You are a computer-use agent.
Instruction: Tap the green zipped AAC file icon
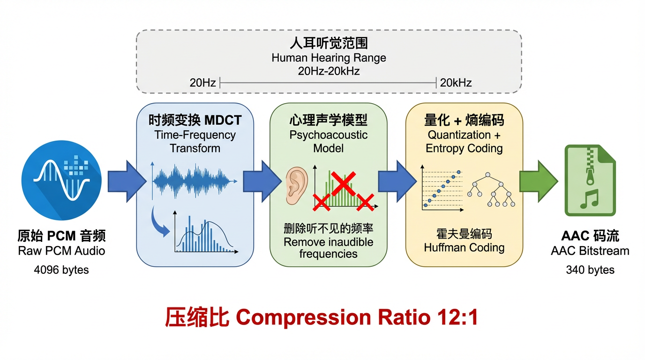click(x=590, y=180)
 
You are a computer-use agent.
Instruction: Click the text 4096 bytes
click(x=61, y=270)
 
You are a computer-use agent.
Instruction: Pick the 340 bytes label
click(x=590, y=270)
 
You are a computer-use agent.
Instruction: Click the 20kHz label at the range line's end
click(x=456, y=83)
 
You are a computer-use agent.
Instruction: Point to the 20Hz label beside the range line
click(x=202, y=83)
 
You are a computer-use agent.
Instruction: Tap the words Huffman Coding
click(x=464, y=247)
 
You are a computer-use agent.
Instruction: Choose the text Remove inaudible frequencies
click(x=329, y=248)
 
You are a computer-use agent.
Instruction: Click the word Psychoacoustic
click(x=329, y=135)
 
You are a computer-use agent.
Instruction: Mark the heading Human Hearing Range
click(x=329, y=58)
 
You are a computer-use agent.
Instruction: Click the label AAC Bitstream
click(x=590, y=251)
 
